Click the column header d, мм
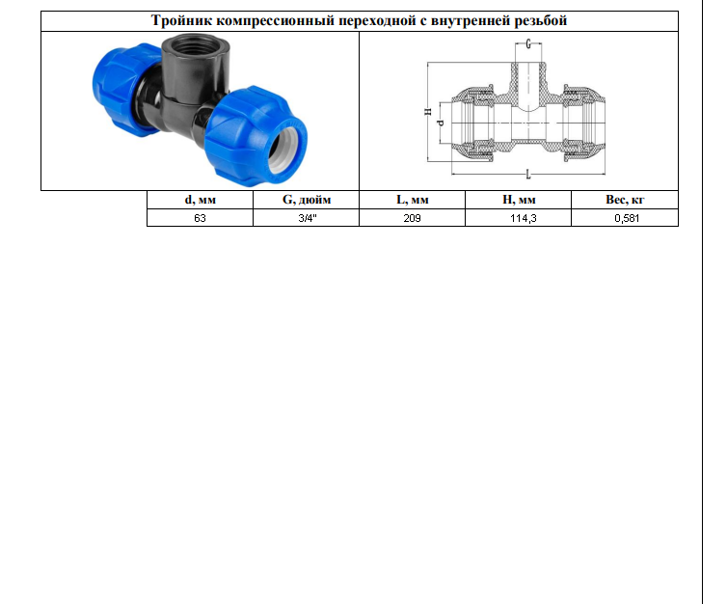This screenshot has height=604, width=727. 201,200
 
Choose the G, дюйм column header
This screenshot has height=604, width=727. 307,200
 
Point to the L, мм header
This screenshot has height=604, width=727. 412,200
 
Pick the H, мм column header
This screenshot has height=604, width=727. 519,200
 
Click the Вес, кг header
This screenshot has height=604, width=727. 625,200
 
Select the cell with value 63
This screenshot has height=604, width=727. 200,218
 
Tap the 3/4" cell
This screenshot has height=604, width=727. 308,218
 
